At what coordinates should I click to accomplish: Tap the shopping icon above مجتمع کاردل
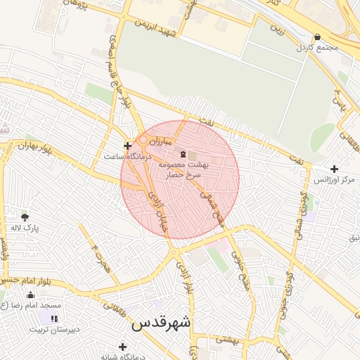coord(318,37)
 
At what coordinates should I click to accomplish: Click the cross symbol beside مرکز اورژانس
coord(334,169)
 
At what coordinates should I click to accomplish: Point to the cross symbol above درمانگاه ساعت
coord(127,146)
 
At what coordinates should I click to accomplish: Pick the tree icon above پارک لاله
coord(25,217)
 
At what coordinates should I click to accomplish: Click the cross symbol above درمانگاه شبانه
coord(123,347)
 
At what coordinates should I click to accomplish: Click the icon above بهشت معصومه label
coord(184,154)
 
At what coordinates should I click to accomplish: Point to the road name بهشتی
coord(228,339)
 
